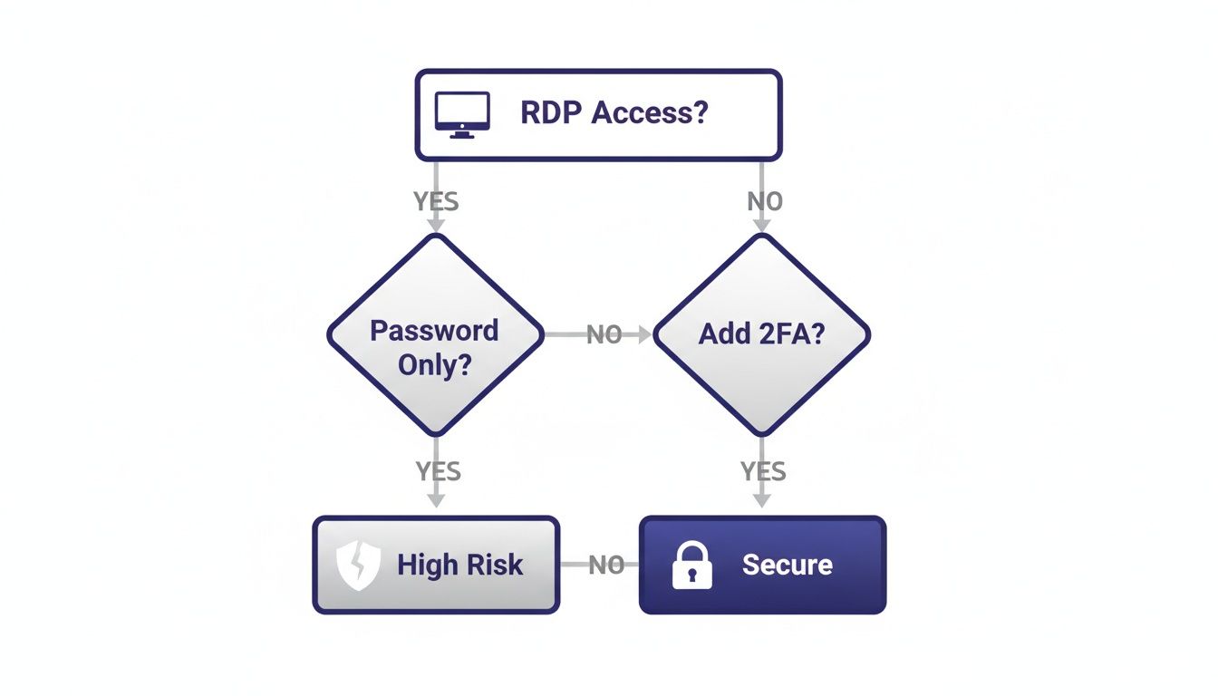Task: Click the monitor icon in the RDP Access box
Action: [462, 114]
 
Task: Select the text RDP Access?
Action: [614, 113]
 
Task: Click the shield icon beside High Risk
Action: [357, 565]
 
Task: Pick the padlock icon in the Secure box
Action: [691, 565]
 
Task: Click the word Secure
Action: [787, 565]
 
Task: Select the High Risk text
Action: [459, 565]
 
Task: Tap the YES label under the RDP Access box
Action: [436, 201]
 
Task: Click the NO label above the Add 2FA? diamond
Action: [764, 201]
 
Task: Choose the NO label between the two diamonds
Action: [604, 334]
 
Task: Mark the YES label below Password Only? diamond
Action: [438, 471]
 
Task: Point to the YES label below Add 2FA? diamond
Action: [763, 471]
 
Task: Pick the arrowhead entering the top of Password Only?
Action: [436, 225]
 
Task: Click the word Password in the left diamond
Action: [434, 330]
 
